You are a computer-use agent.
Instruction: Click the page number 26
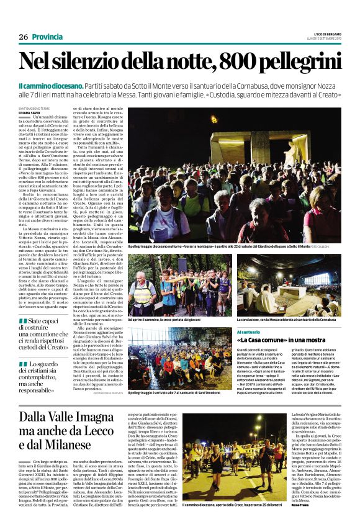click(x=23, y=37)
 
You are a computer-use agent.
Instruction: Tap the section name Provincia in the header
click(x=47, y=37)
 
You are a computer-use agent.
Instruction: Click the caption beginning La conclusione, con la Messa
click(x=296, y=319)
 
